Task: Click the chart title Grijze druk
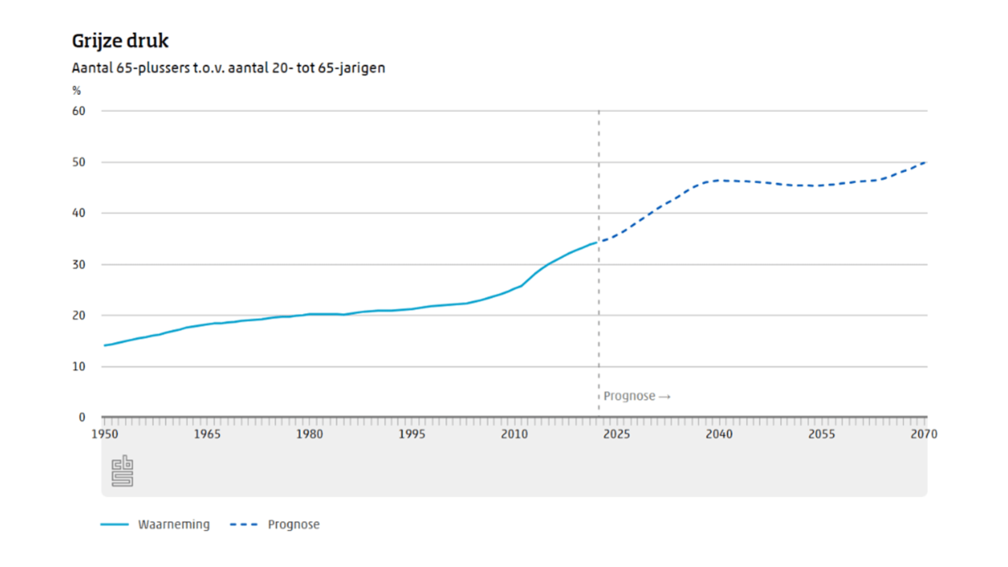point(120,41)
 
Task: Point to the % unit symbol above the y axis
point(77,91)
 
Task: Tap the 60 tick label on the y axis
point(79,111)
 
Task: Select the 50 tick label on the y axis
point(79,162)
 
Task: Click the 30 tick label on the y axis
point(79,265)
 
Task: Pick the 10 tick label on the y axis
point(79,366)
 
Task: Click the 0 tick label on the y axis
point(82,417)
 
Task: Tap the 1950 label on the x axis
point(105,434)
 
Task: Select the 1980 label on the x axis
point(309,434)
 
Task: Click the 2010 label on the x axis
point(514,434)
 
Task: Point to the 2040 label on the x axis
point(719,434)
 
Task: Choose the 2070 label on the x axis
point(923,434)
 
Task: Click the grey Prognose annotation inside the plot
point(629,396)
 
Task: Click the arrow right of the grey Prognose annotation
point(665,397)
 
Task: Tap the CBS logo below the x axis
point(122,471)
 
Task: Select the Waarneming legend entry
point(173,524)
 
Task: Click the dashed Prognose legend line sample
point(244,524)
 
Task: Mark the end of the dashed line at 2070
point(925,163)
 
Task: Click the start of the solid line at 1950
point(105,345)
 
